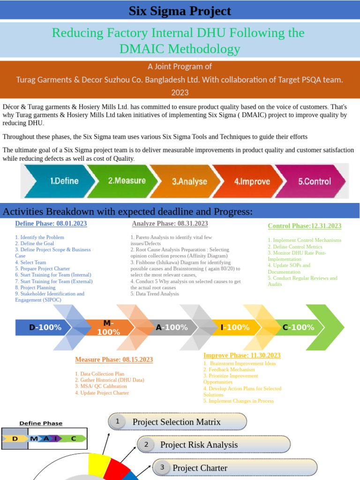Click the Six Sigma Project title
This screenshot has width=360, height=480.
(180, 11)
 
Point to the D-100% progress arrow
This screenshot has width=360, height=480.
(45, 327)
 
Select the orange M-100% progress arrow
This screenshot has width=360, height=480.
(108, 327)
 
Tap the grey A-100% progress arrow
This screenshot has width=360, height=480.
(171, 327)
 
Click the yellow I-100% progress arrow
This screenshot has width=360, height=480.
(234, 327)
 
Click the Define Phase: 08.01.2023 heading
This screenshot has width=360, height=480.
(51, 224)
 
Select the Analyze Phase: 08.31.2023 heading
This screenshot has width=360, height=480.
(170, 224)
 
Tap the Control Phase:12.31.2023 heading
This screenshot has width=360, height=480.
(304, 226)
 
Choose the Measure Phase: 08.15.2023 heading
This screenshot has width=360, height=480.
(114, 360)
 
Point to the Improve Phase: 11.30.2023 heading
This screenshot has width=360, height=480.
(242, 355)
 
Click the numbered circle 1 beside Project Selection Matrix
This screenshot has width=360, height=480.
(117, 422)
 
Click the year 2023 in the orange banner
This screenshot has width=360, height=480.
(180, 92)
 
